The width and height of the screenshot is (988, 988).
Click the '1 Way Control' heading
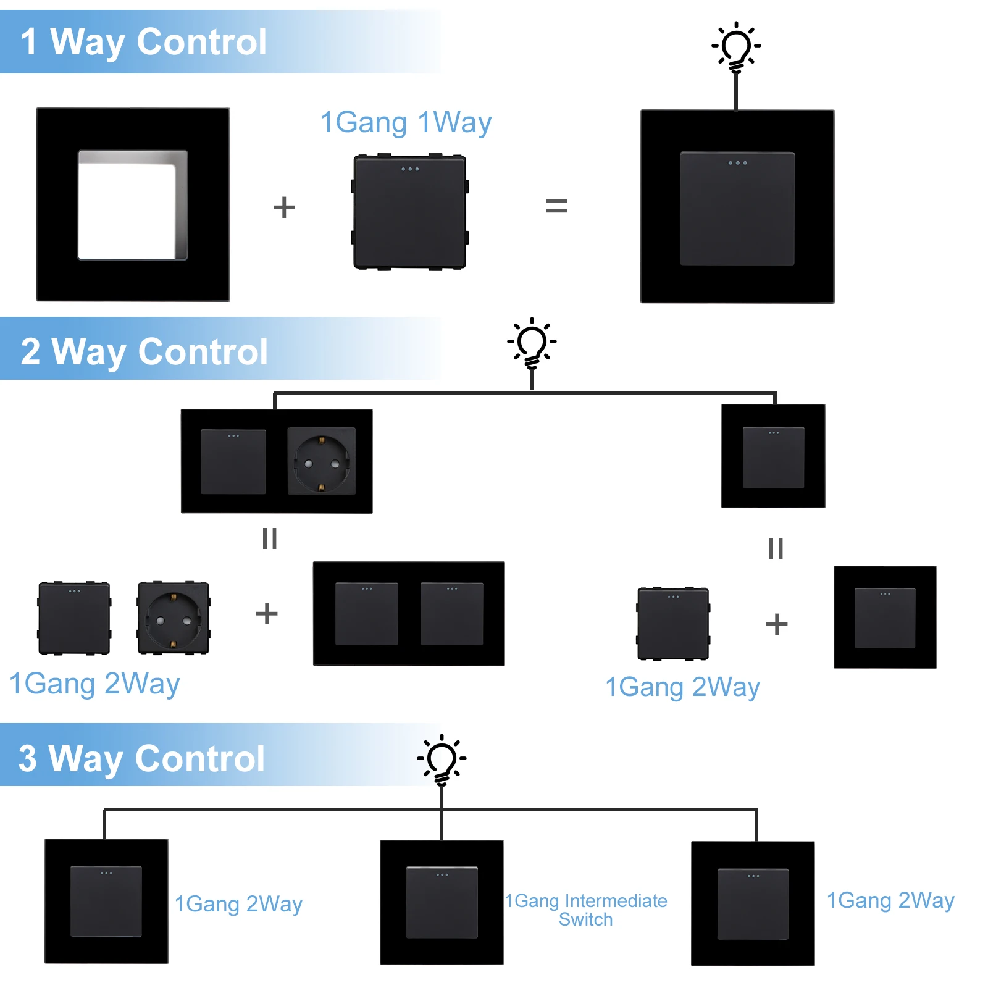(x=143, y=42)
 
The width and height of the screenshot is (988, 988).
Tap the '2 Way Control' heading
(x=144, y=351)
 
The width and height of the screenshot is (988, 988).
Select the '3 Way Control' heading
(x=141, y=758)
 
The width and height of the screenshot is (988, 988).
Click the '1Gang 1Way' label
(x=406, y=122)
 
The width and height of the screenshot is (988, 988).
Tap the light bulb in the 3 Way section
(x=442, y=760)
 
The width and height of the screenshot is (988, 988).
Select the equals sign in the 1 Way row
(x=556, y=206)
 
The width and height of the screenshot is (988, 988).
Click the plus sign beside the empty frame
(x=284, y=207)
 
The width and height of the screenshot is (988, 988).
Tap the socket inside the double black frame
(x=321, y=461)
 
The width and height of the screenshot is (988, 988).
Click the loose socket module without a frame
(x=174, y=617)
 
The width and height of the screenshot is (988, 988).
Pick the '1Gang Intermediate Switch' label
(x=585, y=910)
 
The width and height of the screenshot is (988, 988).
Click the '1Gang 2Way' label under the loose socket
(x=94, y=684)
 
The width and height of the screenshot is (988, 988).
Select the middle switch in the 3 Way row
(x=442, y=902)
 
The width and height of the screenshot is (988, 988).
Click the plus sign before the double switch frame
(x=267, y=614)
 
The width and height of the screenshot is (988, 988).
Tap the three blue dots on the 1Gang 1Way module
(x=410, y=169)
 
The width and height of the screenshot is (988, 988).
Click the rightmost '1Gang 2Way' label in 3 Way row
(x=890, y=900)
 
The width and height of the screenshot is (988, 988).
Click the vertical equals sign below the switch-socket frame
(x=269, y=538)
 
